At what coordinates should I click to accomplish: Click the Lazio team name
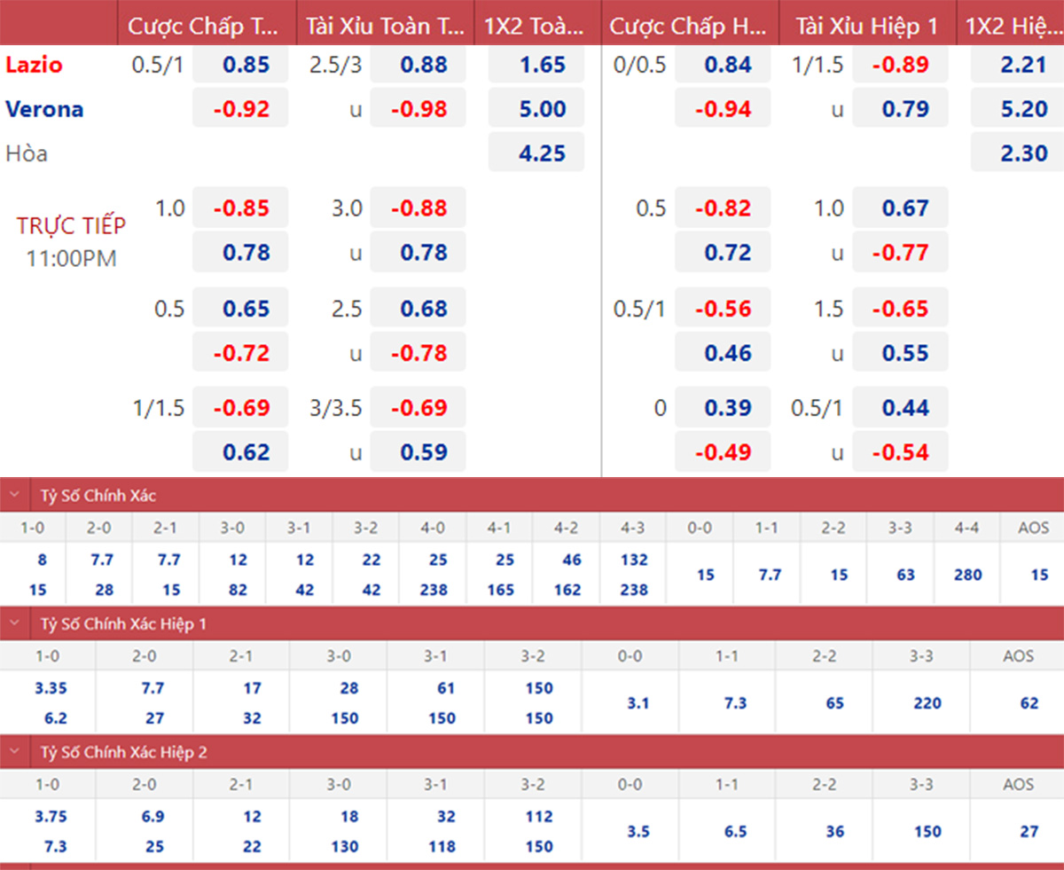click(x=34, y=65)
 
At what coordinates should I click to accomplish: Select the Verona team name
click(x=44, y=109)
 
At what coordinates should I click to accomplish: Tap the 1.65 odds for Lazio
click(x=536, y=65)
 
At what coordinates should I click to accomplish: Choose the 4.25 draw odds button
click(x=536, y=153)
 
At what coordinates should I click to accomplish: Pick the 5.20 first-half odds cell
click(x=1018, y=109)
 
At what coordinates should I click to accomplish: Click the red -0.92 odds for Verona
click(x=240, y=109)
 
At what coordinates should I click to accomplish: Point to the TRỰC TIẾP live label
click(x=71, y=226)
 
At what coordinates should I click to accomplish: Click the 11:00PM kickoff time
click(x=71, y=259)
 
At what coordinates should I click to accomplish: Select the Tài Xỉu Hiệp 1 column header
click(x=866, y=27)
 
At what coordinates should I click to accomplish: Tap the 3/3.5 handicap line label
click(x=336, y=408)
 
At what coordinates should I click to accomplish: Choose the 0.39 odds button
click(x=723, y=408)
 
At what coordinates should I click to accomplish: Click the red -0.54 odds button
click(x=900, y=452)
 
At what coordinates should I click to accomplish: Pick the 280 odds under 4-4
click(x=967, y=575)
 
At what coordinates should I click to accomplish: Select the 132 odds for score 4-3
click(x=634, y=560)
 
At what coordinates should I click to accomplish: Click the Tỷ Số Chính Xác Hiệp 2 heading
click(x=123, y=752)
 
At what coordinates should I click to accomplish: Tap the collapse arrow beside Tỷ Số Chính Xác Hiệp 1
click(x=14, y=623)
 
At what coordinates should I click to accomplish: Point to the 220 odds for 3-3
click(x=927, y=703)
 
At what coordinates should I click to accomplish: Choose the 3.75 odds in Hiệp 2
click(x=51, y=817)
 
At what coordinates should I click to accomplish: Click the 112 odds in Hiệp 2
click(x=538, y=817)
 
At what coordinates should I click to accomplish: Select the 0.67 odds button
click(x=900, y=208)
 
